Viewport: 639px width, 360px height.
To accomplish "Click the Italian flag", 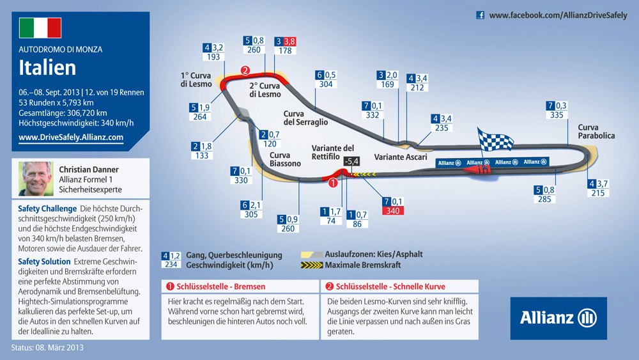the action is coord(40,27).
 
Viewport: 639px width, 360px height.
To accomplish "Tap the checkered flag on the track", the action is coord(495,140).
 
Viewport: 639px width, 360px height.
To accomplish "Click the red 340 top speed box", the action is coord(393,211).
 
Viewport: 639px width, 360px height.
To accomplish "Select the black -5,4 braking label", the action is coord(351,161).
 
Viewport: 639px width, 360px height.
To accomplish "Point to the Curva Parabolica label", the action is coord(596,132).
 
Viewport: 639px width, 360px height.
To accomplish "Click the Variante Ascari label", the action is coord(401,157).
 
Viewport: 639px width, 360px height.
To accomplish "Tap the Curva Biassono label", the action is coord(285,159).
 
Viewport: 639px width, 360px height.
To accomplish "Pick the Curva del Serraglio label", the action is coord(305,118).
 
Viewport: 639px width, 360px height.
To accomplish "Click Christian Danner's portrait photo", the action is coord(36,178).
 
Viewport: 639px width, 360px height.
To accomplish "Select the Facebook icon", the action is coord(481,15).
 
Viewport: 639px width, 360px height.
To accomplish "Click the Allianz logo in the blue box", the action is coord(558,318).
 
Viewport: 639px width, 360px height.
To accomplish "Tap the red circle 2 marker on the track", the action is coord(245,70).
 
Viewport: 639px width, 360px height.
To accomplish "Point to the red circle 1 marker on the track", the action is coord(333,183).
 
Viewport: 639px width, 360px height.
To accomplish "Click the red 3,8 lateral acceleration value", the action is coord(289,42).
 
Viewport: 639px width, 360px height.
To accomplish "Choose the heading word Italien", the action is coord(47,68).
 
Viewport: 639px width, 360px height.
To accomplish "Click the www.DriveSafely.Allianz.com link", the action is coord(71,137).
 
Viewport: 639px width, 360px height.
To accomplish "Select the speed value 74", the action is coord(331,221).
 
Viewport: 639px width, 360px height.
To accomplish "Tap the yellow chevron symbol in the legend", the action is coord(312,265).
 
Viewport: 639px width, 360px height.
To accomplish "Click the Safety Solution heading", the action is coord(44,262).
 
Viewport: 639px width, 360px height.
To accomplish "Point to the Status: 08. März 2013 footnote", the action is coord(47,348).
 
